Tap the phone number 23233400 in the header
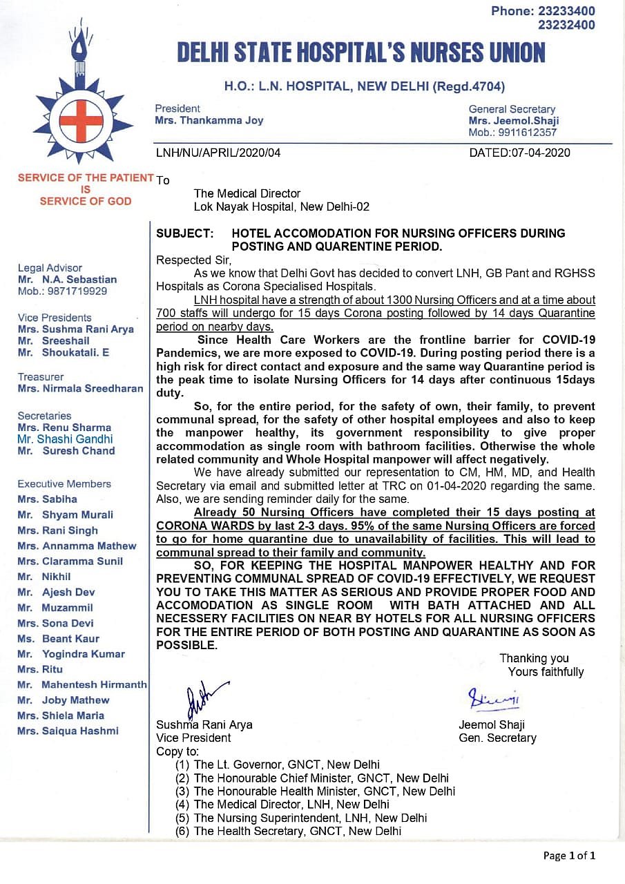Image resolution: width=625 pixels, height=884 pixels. tap(566, 11)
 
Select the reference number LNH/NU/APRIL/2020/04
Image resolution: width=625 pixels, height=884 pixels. tap(218, 153)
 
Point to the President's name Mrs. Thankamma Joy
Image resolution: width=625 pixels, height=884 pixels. tap(209, 120)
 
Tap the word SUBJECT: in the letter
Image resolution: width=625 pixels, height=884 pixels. tap(185, 233)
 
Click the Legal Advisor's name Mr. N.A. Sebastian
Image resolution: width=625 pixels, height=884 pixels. tap(67, 280)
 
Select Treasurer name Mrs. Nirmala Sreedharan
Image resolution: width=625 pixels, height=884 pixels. tap(80, 388)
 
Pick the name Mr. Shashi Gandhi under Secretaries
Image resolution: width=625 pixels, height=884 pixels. tap(65, 439)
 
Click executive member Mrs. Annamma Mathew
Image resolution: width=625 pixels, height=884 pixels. tap(77, 546)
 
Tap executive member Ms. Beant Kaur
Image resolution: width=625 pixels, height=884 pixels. tap(59, 639)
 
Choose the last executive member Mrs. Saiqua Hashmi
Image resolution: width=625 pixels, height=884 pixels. tap(68, 731)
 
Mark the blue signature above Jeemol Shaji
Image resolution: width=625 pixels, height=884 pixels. tap(493, 699)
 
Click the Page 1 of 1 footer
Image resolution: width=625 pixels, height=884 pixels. tap(568, 856)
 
